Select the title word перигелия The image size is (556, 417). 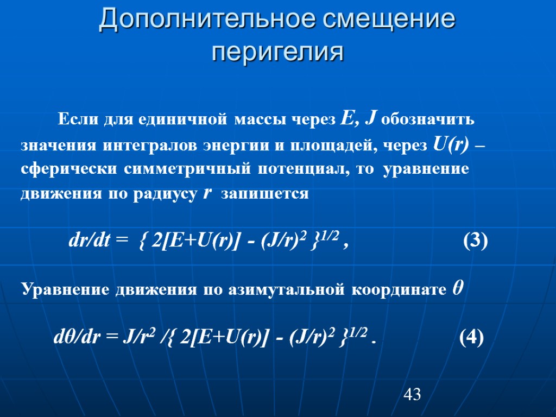tap(277, 53)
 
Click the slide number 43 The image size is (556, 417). tap(412, 395)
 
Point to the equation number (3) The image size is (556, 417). tap(475, 240)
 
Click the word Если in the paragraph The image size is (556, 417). tap(74, 119)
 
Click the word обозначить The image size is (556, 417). tap(428, 119)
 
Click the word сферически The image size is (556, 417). tap(68, 169)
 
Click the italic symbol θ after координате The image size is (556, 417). tap(457, 289)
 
